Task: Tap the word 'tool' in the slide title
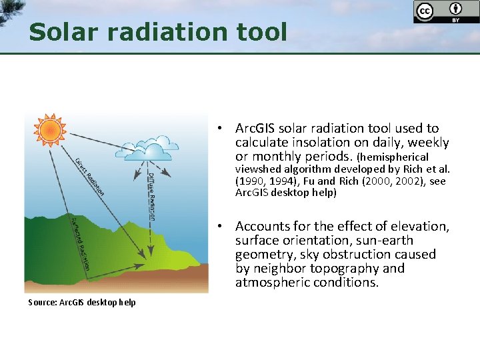pos(263,31)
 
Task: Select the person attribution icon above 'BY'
pos(456,9)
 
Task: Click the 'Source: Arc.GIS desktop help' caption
pos(81,303)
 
